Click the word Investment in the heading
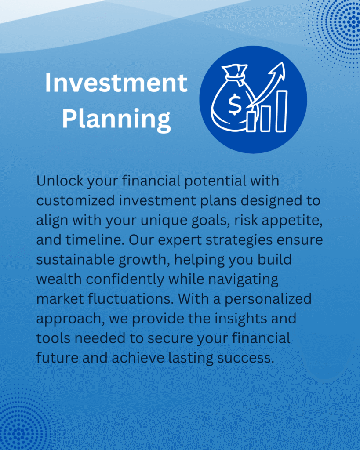pos(116,83)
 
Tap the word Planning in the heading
pos(116,119)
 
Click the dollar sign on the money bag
pos(235,104)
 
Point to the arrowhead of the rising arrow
pos(278,70)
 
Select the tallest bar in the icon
pos(282,111)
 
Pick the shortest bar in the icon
pos(251,121)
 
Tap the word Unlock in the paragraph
pos(60,181)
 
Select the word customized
pos(76,200)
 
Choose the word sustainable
pos(75,259)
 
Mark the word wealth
pos(59,279)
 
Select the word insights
pos(240,319)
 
